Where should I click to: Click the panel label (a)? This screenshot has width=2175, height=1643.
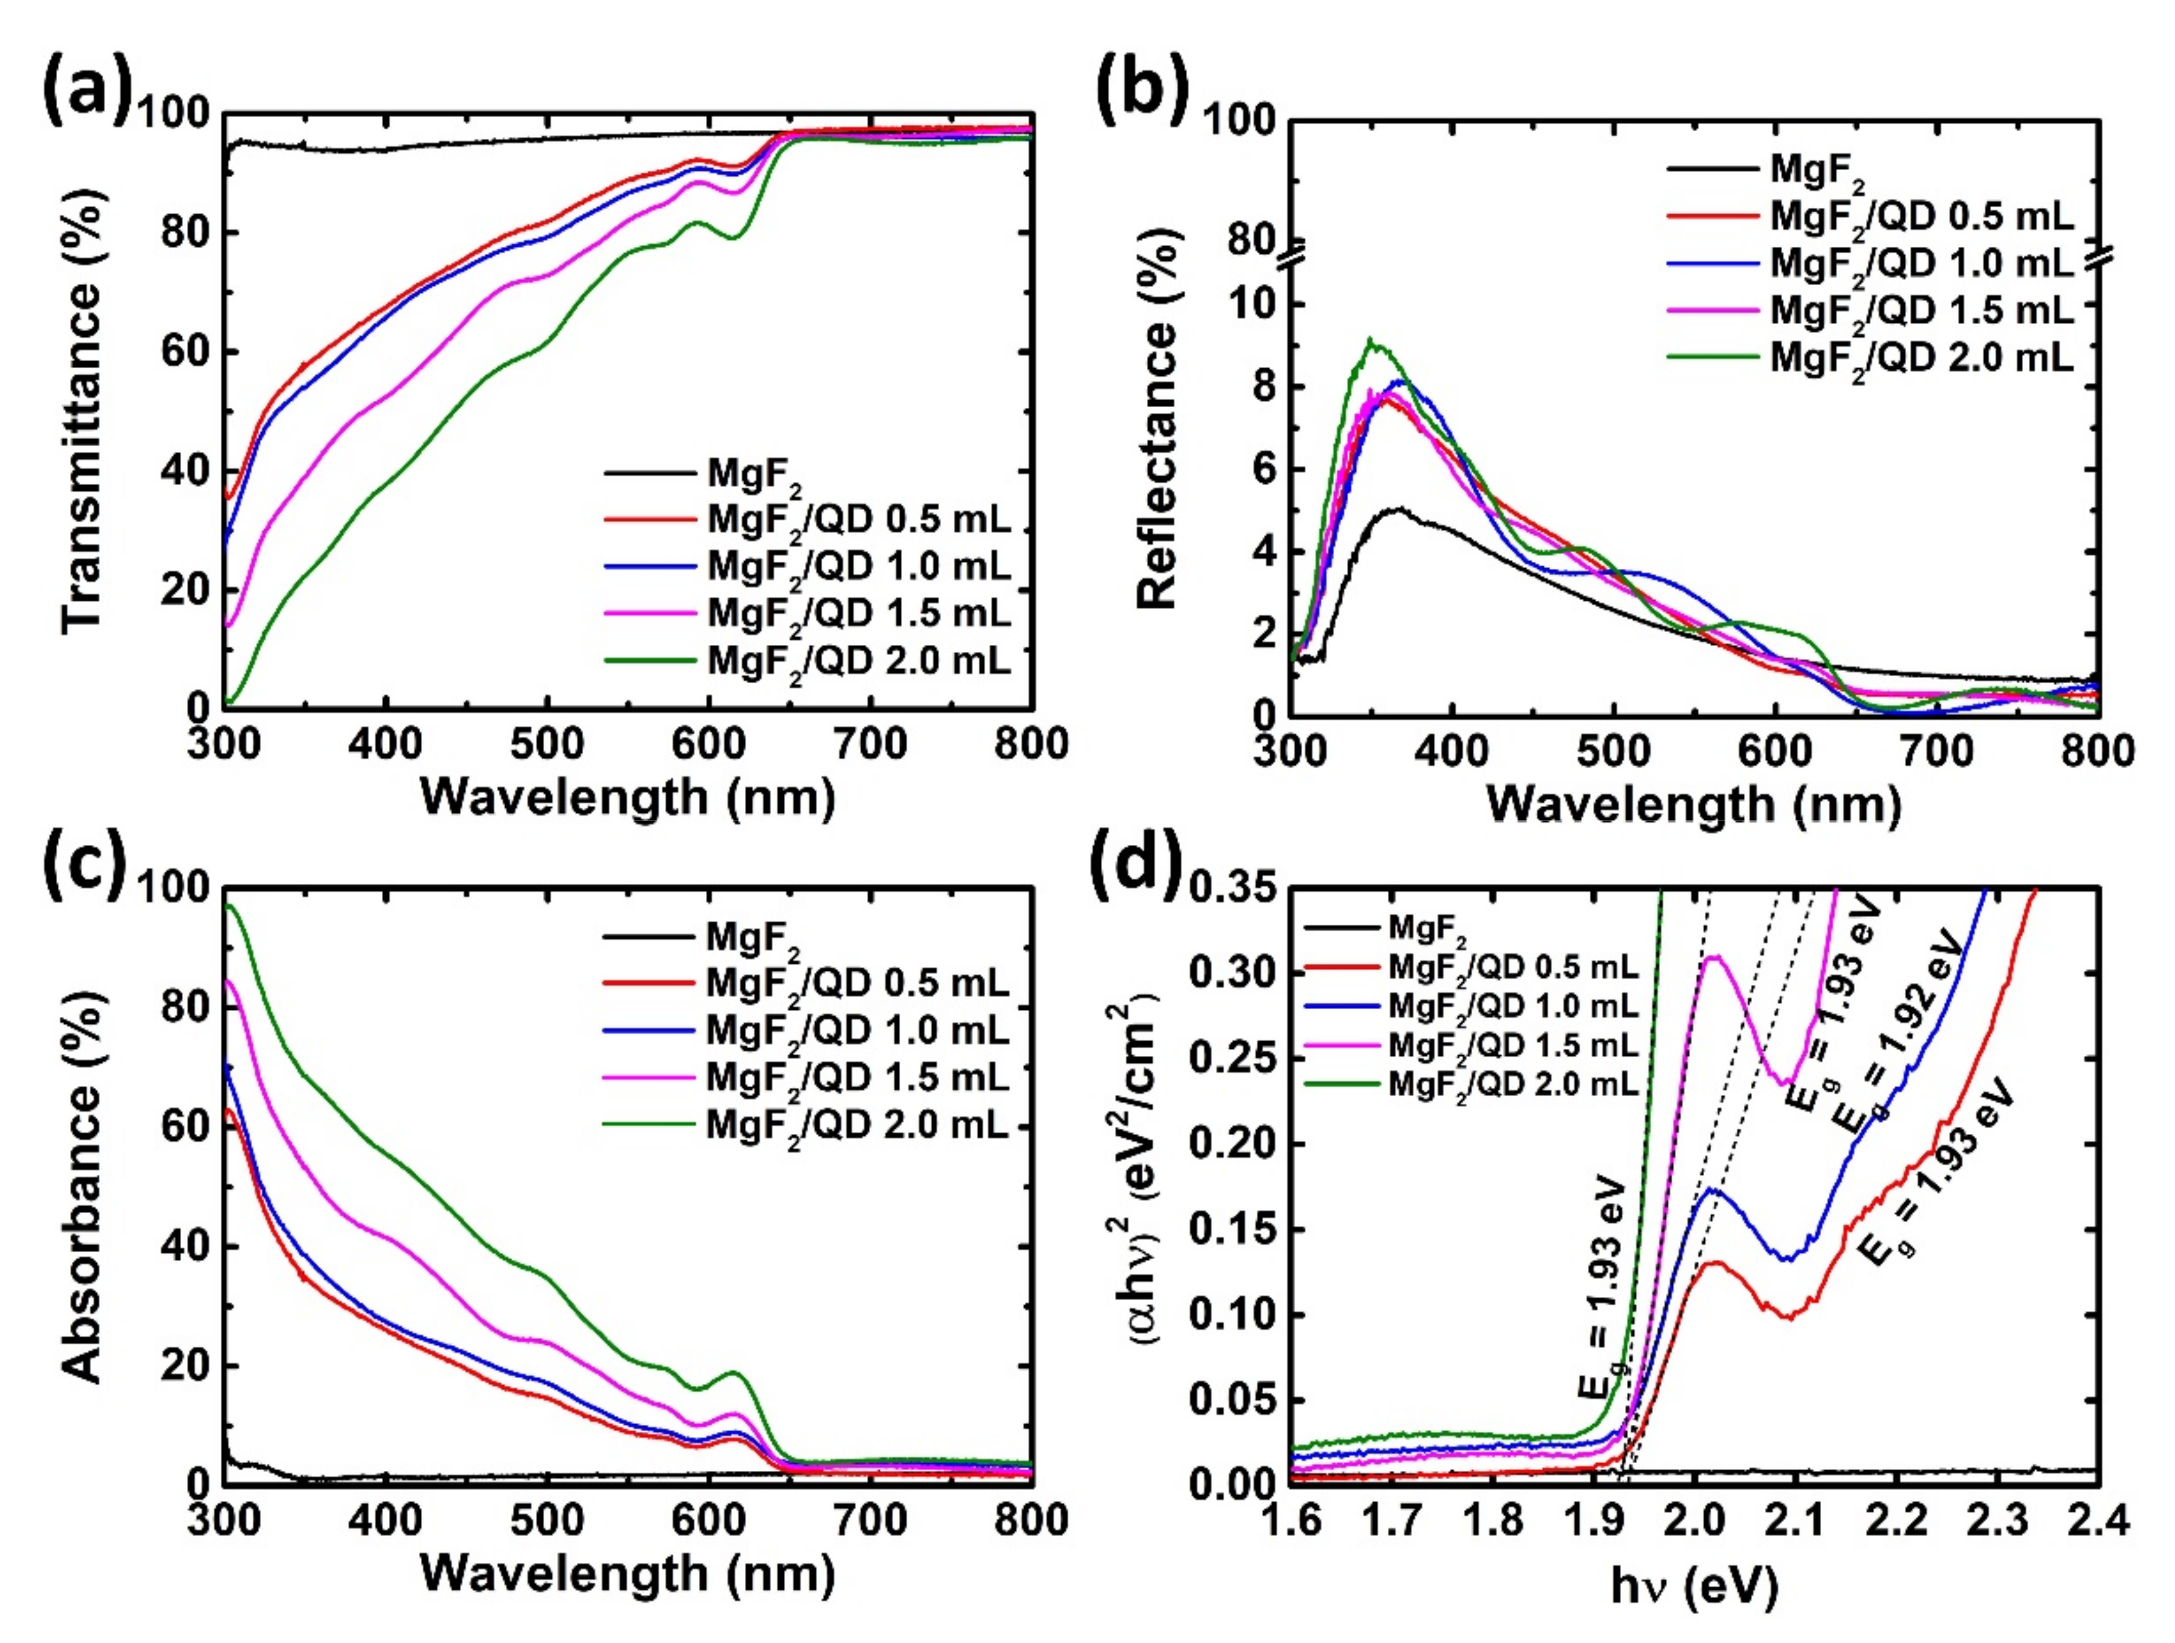tap(86, 94)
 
